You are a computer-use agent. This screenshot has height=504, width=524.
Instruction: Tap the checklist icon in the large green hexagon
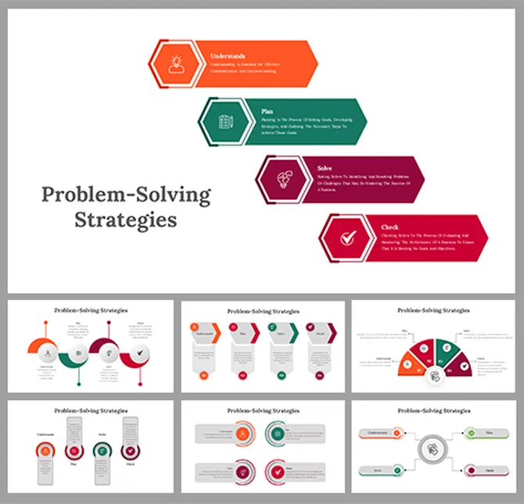223,122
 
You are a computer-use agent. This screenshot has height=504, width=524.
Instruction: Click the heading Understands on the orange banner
228,56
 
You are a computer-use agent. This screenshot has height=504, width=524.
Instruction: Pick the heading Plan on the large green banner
268,112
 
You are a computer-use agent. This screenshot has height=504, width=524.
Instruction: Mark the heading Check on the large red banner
389,227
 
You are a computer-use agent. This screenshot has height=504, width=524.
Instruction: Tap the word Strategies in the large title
125,220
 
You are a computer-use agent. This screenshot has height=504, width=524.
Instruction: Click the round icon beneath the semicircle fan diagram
436,377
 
